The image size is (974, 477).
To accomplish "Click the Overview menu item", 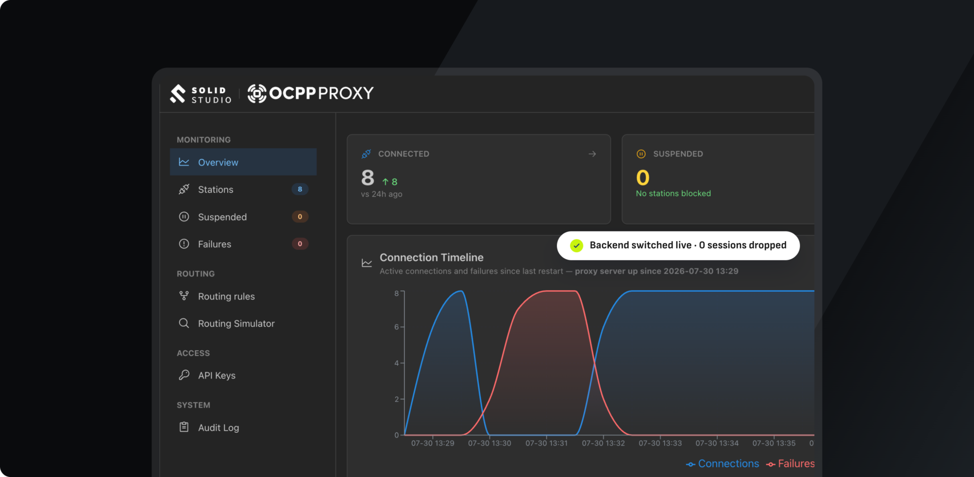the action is tap(243, 162).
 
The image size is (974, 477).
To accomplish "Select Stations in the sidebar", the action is tap(216, 189).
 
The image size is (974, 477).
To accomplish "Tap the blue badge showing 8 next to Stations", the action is tap(300, 189).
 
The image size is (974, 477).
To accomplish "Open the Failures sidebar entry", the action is tap(215, 244).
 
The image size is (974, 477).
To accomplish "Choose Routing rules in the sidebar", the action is tap(226, 296).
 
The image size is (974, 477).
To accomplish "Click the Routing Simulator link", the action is tap(236, 323).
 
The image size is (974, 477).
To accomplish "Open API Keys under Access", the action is tap(217, 376).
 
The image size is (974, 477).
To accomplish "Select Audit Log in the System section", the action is tap(219, 428).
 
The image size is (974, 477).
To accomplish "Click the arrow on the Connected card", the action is tap(592, 154).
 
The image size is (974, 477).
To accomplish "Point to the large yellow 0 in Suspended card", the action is tap(643, 178).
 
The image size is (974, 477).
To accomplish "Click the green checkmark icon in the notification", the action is tap(576, 246).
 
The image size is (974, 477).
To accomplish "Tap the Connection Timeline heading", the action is tap(432, 257).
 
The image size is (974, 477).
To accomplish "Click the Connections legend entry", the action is tap(722, 464).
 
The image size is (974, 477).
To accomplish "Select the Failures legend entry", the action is tap(790, 464).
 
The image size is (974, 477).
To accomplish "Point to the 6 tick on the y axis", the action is tap(397, 327).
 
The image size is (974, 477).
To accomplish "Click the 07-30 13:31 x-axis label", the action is tap(546, 443).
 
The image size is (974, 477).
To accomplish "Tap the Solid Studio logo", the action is tap(201, 94).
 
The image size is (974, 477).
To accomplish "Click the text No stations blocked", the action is tap(673, 193).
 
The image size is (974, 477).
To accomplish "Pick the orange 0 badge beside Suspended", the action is tap(300, 217).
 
